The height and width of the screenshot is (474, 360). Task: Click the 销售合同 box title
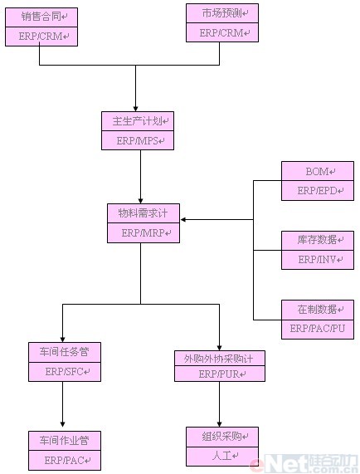41,17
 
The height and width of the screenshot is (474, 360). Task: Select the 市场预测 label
222,13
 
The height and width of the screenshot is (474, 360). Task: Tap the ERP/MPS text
138,140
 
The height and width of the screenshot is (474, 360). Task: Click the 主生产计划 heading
138,121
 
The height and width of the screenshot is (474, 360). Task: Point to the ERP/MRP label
144,232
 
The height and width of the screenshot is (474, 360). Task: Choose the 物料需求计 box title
143,213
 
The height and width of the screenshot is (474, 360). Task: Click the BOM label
317,171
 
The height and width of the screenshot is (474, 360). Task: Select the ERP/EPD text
317,190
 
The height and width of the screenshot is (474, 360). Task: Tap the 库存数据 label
317,240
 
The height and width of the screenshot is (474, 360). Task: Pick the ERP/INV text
317,259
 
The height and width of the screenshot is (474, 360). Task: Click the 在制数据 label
317,310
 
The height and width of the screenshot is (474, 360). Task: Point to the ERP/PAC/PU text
318,328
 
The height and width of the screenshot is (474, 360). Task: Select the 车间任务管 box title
64,352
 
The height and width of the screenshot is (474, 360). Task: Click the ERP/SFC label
64,371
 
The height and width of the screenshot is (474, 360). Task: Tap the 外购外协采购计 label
219,359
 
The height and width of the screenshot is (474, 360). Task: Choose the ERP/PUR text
219,374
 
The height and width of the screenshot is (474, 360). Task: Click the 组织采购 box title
222,436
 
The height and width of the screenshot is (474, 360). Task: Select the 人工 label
222,455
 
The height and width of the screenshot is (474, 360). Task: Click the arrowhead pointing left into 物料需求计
183,219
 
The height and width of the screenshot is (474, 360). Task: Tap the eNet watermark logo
304,463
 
